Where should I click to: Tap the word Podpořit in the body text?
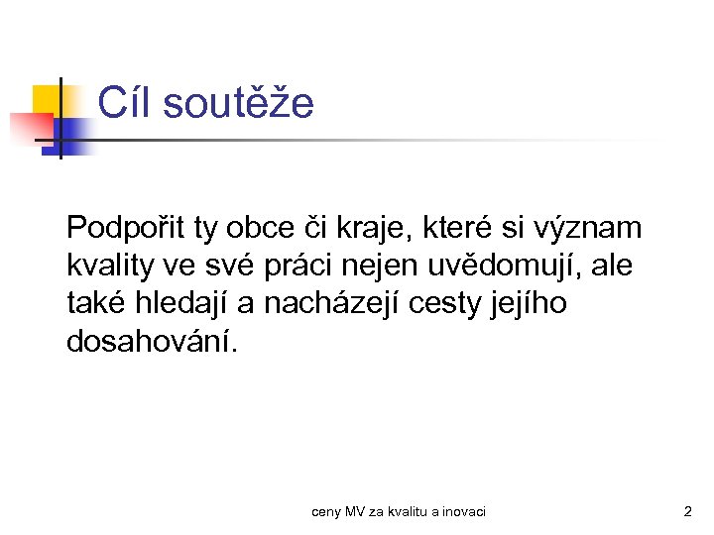pos(126,229)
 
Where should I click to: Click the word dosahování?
pos(152,342)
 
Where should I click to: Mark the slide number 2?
pos(687,512)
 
